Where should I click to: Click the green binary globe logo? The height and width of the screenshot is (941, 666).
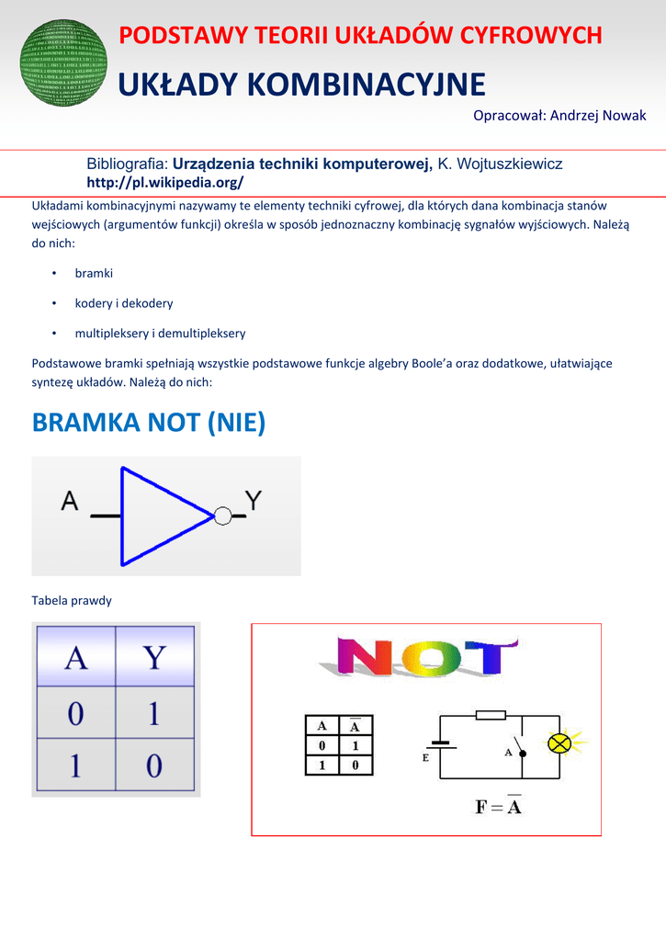[62, 64]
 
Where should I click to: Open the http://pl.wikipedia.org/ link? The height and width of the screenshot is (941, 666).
[164, 182]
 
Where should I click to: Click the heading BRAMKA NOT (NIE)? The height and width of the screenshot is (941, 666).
[149, 423]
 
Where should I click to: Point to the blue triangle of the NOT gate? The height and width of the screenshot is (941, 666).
[161, 516]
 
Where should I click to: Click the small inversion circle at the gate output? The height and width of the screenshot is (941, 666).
[222, 516]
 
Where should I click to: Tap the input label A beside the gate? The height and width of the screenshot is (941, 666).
[71, 502]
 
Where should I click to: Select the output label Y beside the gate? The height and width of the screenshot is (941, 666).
[254, 501]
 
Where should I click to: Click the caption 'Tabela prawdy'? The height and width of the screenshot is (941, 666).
[72, 601]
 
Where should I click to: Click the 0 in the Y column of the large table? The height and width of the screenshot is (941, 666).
[154, 765]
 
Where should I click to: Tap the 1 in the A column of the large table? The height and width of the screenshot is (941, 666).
[75, 765]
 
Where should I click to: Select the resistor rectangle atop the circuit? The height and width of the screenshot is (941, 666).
[491, 714]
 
